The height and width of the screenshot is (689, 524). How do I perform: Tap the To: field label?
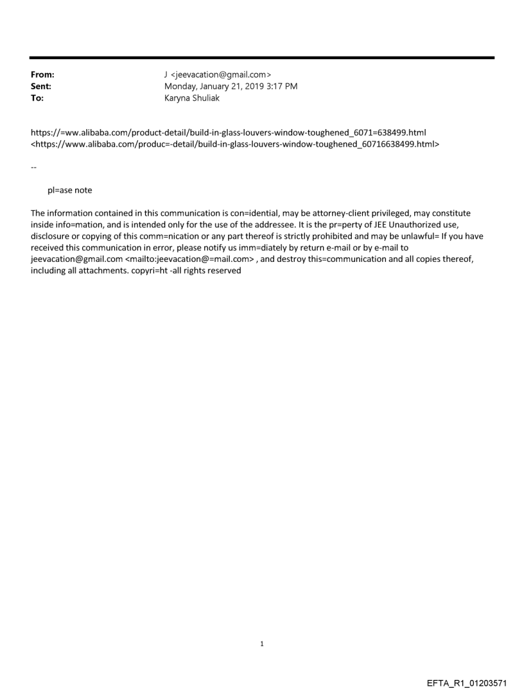[36, 98]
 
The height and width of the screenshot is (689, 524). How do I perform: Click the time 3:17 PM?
[280, 86]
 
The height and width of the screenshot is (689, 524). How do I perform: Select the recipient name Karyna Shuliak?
[192, 98]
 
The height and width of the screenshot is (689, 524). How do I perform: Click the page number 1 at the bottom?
[262, 644]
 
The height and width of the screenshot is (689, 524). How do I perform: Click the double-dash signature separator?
[33, 168]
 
